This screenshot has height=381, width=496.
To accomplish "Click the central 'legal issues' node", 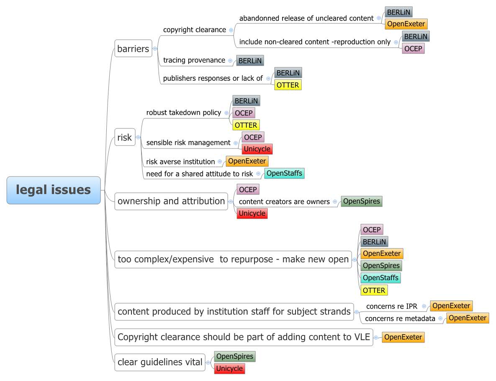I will tap(54, 190).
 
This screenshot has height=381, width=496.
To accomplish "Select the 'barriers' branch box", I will tap(133, 49).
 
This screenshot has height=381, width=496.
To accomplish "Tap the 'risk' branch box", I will tap(125, 137).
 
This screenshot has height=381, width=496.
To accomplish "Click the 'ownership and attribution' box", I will tap(171, 201).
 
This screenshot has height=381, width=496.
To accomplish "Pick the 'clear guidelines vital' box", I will tap(160, 362).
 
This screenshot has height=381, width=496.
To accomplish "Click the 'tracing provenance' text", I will tap(194, 60).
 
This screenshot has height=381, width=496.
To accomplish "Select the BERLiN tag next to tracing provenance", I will tap(250, 61).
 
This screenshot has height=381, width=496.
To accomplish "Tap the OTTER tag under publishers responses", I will tap(288, 85).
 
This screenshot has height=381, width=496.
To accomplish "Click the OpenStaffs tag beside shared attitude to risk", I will tap(284, 173).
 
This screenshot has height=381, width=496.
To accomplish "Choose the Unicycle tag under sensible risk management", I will tap(257, 149).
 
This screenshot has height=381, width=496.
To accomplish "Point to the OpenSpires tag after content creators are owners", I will tap(361, 201).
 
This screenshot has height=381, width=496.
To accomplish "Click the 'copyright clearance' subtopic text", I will tap(194, 30).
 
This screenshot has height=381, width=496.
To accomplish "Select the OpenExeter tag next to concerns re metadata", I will tap(467, 318).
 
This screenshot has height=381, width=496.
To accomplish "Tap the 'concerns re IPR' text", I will tap(391, 306).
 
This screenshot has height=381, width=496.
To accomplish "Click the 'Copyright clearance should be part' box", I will tap(244, 337).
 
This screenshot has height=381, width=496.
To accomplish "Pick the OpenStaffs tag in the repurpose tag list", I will tap(380, 278).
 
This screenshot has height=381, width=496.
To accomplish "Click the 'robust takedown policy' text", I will tap(183, 113).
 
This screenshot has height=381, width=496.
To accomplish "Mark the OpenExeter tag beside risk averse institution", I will tap(247, 161).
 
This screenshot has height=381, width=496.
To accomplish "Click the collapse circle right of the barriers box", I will tap(155, 49).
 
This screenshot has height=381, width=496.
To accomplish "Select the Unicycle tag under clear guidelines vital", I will tap(229, 368).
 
